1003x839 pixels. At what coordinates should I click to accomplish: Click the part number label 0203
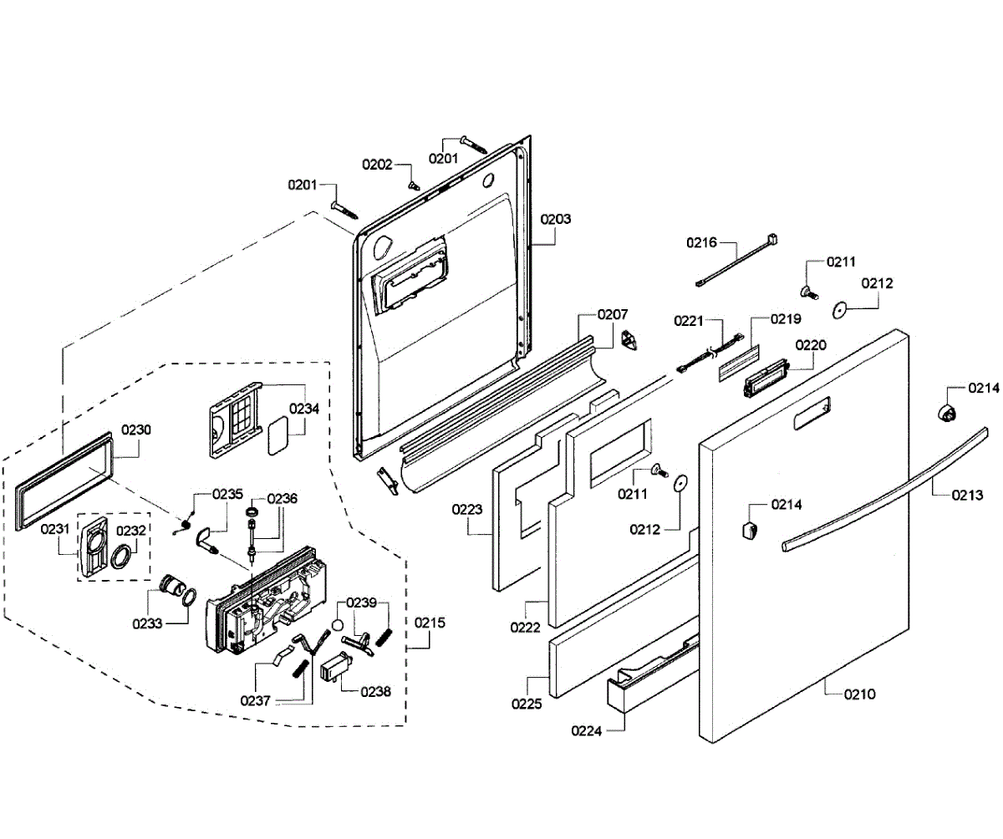555,219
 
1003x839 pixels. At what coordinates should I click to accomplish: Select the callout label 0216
701,242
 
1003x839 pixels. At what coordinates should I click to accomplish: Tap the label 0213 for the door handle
967,495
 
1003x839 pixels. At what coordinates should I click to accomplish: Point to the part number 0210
860,694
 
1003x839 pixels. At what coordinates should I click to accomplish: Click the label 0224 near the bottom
587,731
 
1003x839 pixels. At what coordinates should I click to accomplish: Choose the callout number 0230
136,430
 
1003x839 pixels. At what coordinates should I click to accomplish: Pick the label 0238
375,692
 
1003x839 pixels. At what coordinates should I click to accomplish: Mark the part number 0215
430,623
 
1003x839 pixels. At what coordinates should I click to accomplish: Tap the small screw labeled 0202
412,185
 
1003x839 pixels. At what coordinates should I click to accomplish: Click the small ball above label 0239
339,625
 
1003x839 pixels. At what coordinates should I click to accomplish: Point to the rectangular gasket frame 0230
64,481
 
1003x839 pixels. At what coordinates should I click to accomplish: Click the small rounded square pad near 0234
277,435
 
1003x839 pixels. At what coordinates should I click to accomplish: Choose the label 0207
613,314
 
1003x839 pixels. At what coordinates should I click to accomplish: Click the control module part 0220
767,378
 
